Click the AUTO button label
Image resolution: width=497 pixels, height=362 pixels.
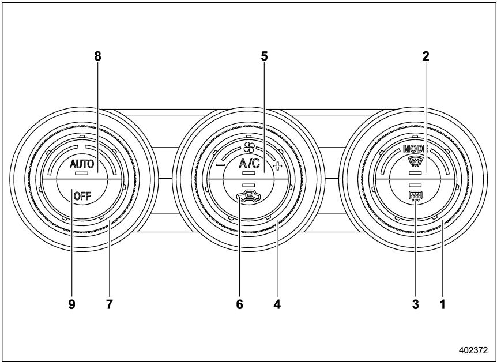point(82,164)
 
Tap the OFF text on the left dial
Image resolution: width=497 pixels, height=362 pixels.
point(82,197)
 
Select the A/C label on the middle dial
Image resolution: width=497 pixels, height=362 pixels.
point(249,164)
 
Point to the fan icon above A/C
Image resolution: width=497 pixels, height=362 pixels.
point(249,147)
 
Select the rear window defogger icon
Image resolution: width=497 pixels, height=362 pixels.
point(415,197)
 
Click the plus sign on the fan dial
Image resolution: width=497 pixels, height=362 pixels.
point(277,166)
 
